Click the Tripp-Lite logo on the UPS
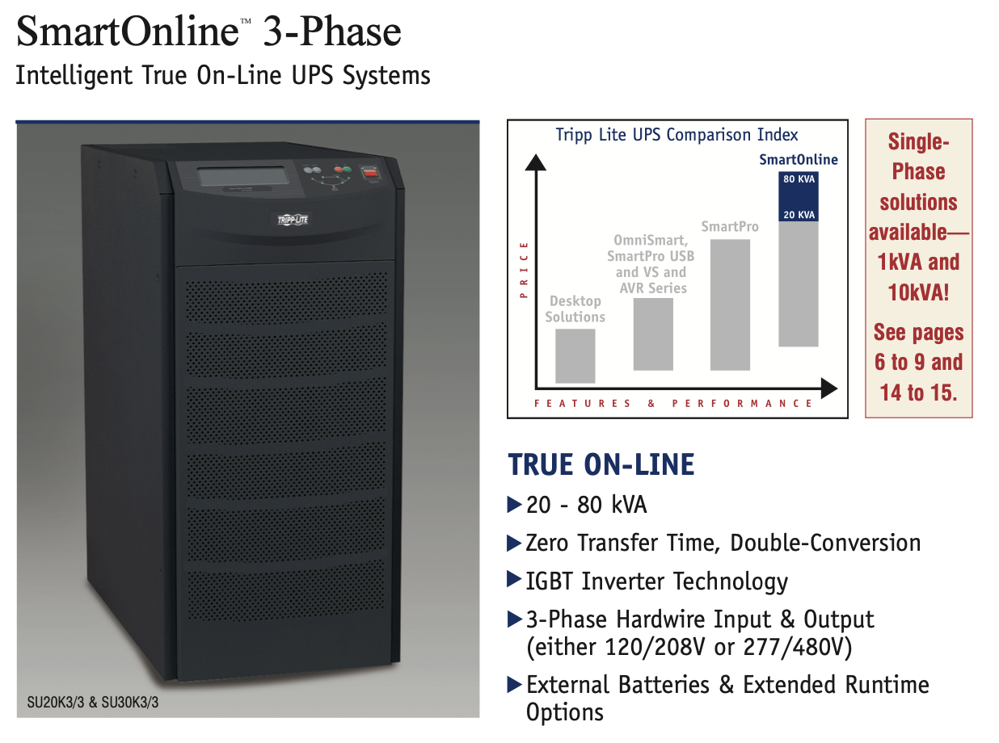pyautogui.click(x=293, y=220)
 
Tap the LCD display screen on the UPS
pyautogui.click(x=242, y=176)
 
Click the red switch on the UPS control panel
pyautogui.click(x=370, y=172)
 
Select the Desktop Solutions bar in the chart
pyautogui.click(x=575, y=356)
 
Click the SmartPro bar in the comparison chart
pyautogui.click(x=730, y=304)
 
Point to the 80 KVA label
pyautogui.click(x=799, y=179)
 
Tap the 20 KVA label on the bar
pyautogui.click(x=799, y=215)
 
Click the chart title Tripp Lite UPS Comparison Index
pyautogui.click(x=677, y=135)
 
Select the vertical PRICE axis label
pyautogui.click(x=524, y=270)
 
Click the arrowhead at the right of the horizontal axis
pyautogui.click(x=828, y=388)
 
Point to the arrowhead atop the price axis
pyautogui.click(x=536, y=162)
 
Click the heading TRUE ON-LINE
pyautogui.click(x=601, y=464)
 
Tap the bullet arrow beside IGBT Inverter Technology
pyautogui.click(x=514, y=579)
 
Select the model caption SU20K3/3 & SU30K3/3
pyautogui.click(x=93, y=703)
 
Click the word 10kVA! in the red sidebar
pyautogui.click(x=918, y=292)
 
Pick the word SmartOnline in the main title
pyautogui.click(x=128, y=31)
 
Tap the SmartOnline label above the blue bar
pyautogui.click(x=799, y=159)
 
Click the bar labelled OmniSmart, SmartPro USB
pyautogui.click(x=653, y=334)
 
